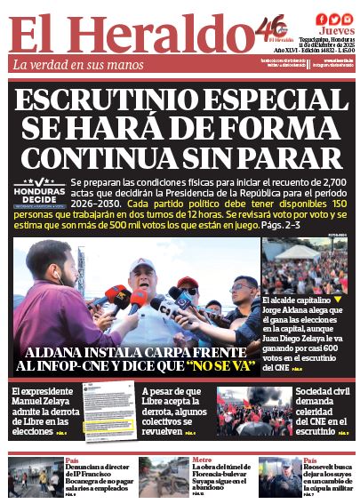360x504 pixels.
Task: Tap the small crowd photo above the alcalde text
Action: pos(304,266)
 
